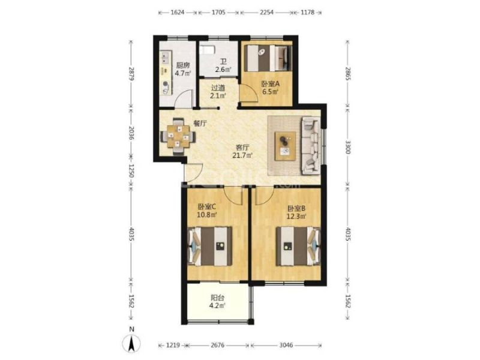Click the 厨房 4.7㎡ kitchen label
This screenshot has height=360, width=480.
[183, 69]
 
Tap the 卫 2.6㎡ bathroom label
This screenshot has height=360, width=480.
[223, 66]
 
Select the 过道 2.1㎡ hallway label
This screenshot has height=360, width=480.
[218, 92]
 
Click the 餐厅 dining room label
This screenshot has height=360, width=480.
[200, 124]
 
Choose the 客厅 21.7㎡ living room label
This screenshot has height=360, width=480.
[242, 152]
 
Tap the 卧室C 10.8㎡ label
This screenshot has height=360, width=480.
[207, 211]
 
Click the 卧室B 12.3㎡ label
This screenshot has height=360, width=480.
[296, 212]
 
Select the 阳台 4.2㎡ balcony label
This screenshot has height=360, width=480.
[218, 301]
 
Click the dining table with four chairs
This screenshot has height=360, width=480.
[178, 136]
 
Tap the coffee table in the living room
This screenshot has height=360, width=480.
[286, 146]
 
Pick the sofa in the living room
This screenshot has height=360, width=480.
[311, 146]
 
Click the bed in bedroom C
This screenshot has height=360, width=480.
[209, 246]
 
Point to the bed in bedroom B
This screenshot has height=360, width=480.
[298, 246]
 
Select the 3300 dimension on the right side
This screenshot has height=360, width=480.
[348, 147]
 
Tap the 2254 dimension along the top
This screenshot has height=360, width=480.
[266, 13]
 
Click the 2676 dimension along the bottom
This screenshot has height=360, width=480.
[217, 346]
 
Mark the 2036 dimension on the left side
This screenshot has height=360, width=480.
[131, 133]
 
